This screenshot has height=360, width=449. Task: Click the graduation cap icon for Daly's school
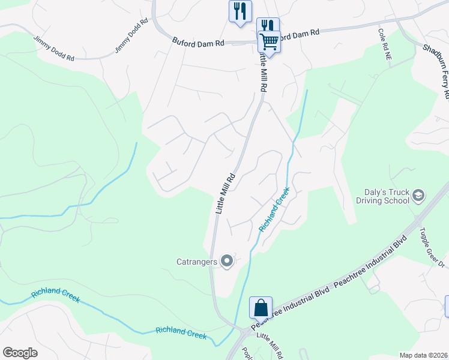[418, 195]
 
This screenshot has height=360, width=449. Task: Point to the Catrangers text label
[197, 262]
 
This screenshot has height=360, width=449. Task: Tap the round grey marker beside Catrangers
[227, 261]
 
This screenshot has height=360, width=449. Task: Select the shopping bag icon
[261, 308]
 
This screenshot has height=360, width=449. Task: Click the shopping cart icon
[269, 41]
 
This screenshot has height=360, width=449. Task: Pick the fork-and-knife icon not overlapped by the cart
[240, 10]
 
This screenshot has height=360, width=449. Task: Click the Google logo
[20, 353]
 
